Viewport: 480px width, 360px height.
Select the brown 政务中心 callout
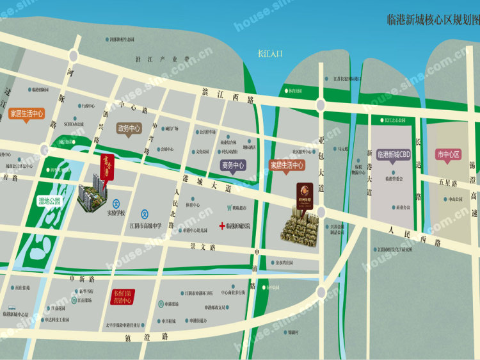click(129, 128)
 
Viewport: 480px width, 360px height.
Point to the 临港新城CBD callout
click(394, 154)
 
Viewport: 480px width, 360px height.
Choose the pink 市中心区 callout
click(449, 154)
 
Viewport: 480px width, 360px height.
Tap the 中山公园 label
click(455, 199)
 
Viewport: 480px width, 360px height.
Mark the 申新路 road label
click(82, 279)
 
